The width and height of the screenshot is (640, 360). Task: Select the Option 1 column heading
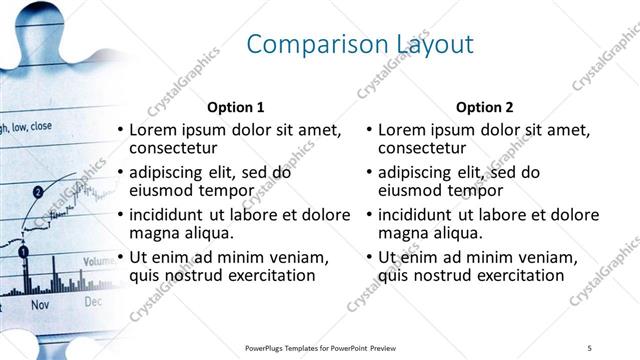pyautogui.click(x=235, y=106)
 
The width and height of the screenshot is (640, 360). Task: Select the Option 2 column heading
pyautogui.click(x=485, y=106)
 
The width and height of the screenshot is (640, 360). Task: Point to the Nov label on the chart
pyautogui.click(x=40, y=303)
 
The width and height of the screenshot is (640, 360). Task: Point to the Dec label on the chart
pyautogui.click(x=93, y=300)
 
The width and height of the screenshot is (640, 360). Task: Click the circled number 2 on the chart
pyautogui.click(x=38, y=191)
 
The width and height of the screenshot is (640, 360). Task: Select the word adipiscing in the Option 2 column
pyautogui.click(x=420, y=172)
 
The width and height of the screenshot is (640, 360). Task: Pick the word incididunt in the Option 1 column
pyautogui.click(x=171, y=215)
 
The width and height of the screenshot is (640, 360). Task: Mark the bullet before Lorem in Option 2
pyautogui.click(x=369, y=130)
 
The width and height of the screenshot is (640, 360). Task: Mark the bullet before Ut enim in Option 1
pyautogui.click(x=120, y=257)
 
